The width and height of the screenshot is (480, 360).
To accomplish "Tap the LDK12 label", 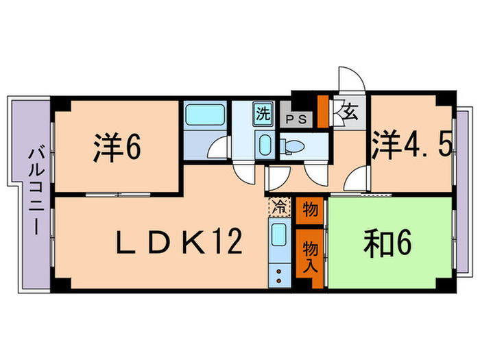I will (177, 242).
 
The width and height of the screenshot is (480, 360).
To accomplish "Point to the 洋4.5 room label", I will (411, 146).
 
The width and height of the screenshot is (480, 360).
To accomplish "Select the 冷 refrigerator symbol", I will (279, 205).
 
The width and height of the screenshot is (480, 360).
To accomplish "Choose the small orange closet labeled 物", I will (310, 209).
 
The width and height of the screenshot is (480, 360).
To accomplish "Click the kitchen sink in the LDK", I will (278, 237).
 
